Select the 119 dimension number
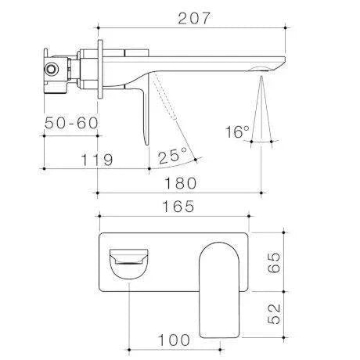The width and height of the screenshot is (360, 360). pos(97,160)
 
